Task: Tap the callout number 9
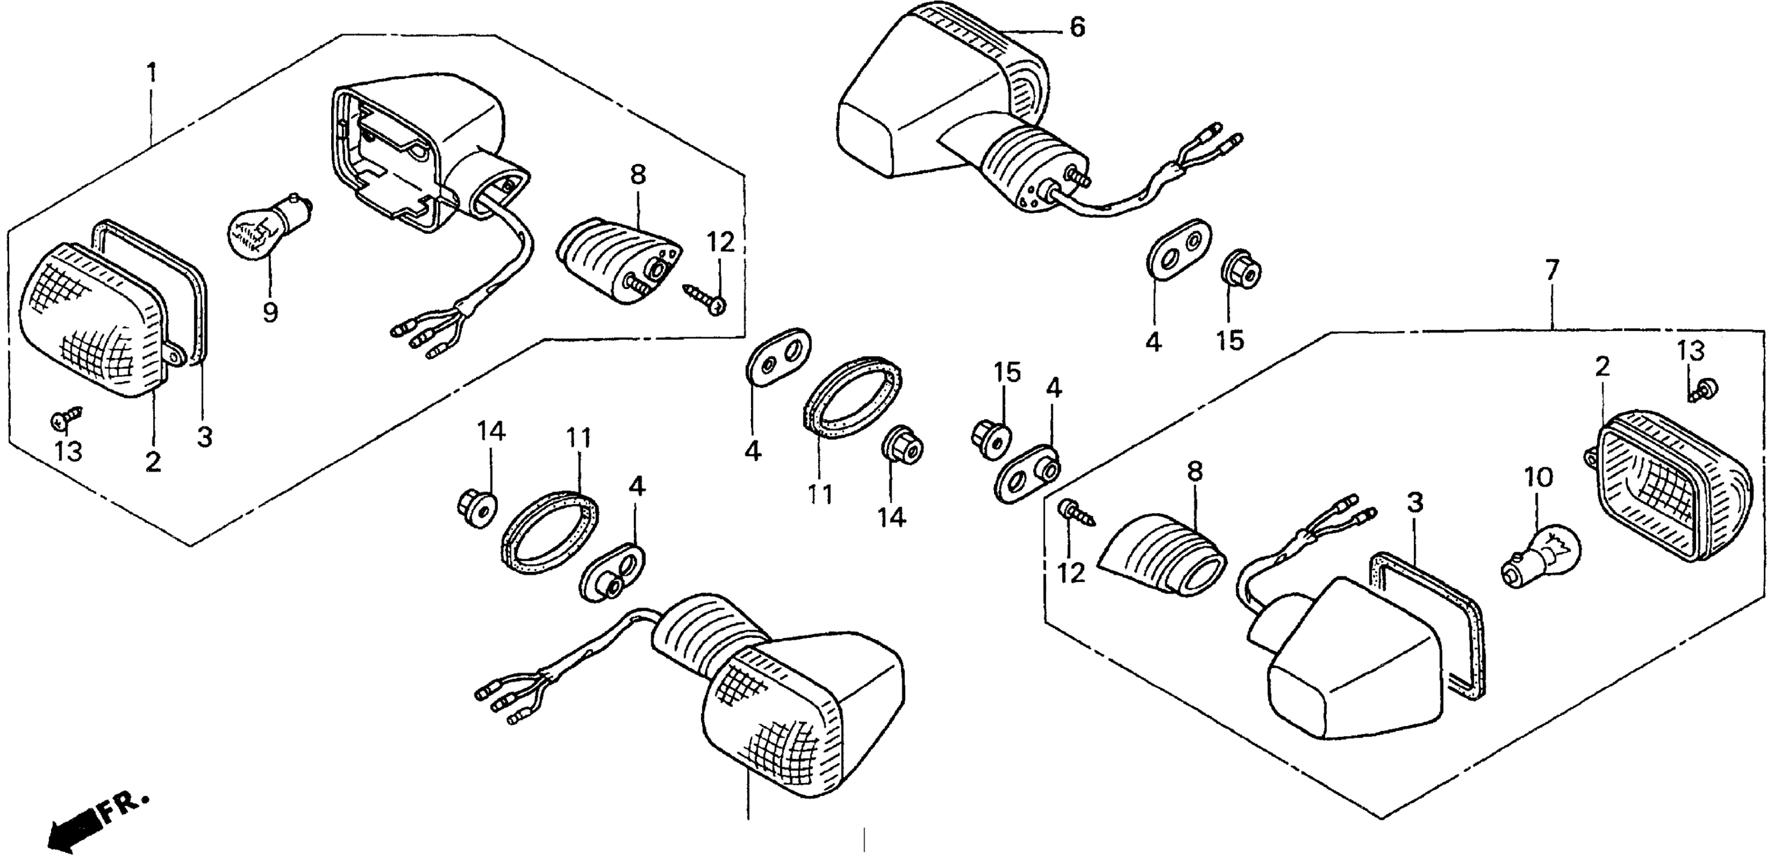pos(270,312)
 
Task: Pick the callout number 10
pos(1539,478)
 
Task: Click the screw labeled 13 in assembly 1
pos(65,416)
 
